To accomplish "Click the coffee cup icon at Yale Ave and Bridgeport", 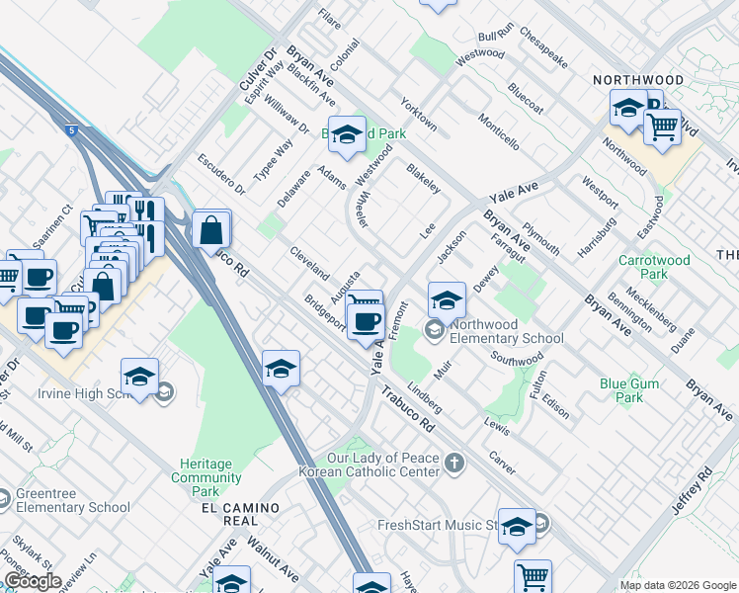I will click(x=367, y=320).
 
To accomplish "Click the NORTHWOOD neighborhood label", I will click(x=637, y=79).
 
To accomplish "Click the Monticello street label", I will click(x=499, y=130).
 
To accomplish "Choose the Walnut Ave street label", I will click(x=273, y=558).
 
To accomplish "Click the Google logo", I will click(x=33, y=582).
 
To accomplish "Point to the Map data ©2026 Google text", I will click(x=678, y=585).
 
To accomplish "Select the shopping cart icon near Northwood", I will click(x=662, y=126).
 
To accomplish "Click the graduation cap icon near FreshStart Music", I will click(x=517, y=528).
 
